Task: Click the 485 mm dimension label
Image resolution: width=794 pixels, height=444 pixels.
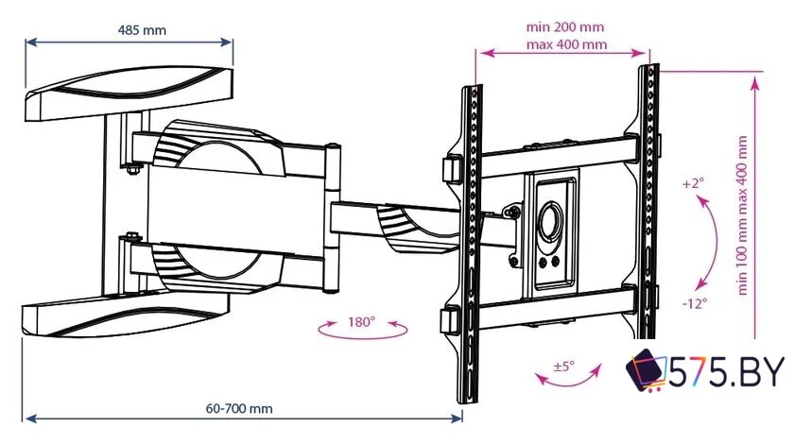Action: [x=142, y=30]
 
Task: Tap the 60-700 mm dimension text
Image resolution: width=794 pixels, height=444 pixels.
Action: [x=239, y=408]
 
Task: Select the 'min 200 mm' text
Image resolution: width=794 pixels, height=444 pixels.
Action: [x=564, y=26]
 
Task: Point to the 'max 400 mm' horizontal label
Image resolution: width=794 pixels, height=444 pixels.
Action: [x=566, y=44]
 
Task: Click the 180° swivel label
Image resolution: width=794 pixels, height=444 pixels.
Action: [x=361, y=321]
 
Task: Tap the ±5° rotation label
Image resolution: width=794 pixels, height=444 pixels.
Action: [x=563, y=366]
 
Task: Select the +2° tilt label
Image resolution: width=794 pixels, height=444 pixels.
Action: [x=693, y=182]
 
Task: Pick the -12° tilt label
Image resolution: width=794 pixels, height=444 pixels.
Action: [x=694, y=303]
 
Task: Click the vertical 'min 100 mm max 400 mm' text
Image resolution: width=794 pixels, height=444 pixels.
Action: [x=742, y=215]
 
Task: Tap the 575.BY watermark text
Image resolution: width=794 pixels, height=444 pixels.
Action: [x=727, y=371]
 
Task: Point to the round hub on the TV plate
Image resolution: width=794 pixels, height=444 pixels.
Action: [x=550, y=221]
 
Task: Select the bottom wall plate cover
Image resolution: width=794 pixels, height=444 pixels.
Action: [x=125, y=316]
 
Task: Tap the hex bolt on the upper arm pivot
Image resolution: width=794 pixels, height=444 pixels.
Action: [x=132, y=169]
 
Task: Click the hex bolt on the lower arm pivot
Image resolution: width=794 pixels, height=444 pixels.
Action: [x=132, y=236]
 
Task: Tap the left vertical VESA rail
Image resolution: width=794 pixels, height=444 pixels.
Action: [x=471, y=243]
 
